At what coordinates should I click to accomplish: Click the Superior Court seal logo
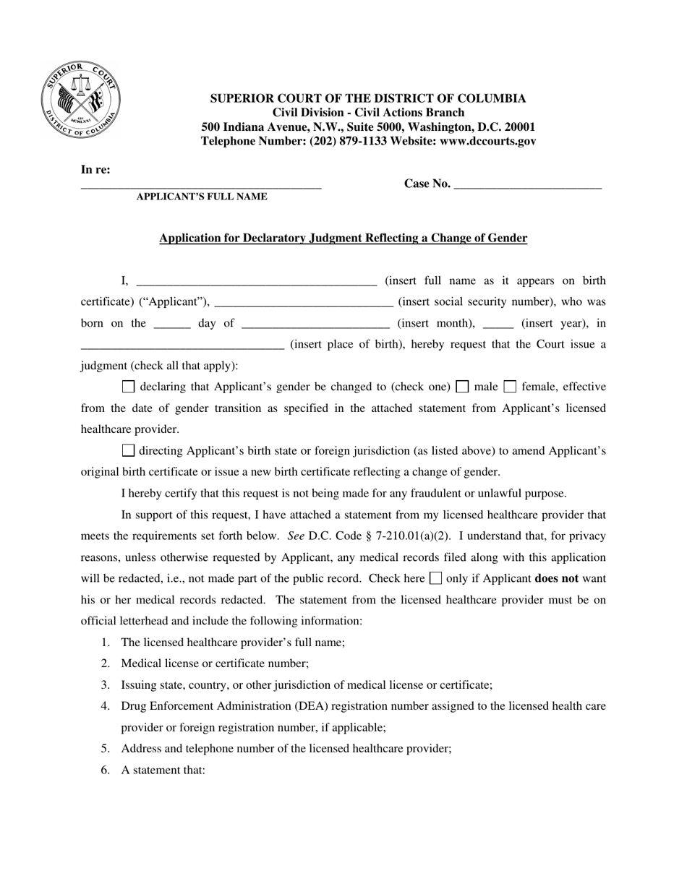(80, 99)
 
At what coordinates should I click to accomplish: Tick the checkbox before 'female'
(510, 387)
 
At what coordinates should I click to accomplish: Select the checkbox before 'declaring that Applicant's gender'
(129, 387)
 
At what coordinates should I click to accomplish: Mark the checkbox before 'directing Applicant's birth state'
(129, 451)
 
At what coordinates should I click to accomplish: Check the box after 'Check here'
(435, 578)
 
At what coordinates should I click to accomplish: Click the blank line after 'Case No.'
(528, 186)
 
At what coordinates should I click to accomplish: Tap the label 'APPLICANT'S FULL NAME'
(202, 197)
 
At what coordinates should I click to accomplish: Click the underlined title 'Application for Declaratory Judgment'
(343, 238)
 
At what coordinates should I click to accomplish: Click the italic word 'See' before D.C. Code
(295, 536)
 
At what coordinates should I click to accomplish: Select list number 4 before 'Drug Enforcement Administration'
(106, 705)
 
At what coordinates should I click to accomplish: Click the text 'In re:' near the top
(95, 170)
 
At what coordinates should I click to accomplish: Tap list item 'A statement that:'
(163, 770)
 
